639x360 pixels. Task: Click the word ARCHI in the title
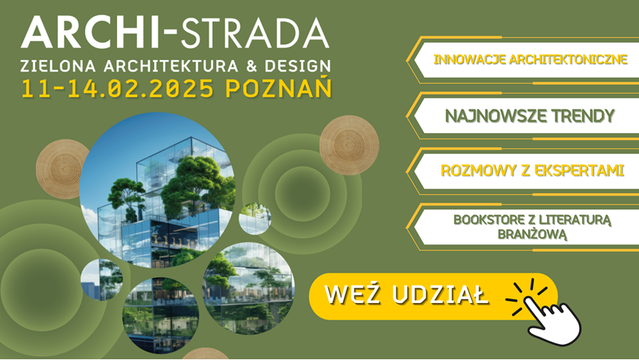(90, 33)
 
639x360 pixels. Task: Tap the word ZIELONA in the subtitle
(59, 66)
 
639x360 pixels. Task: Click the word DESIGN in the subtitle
(297, 66)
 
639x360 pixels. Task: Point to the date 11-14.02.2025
(117, 88)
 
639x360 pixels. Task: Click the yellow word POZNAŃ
(278, 87)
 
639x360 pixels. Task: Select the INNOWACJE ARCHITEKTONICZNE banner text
(530, 59)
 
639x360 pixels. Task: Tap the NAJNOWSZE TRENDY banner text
(529, 116)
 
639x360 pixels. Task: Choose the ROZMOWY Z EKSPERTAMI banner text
(532, 170)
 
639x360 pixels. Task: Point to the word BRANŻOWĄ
(532, 234)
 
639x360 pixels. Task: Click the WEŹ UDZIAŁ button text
(406, 295)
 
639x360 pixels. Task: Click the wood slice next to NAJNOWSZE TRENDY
(349, 145)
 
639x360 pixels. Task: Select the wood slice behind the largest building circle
(60, 168)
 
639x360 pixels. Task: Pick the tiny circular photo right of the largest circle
(255, 218)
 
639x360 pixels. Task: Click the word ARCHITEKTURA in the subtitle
(170, 66)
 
